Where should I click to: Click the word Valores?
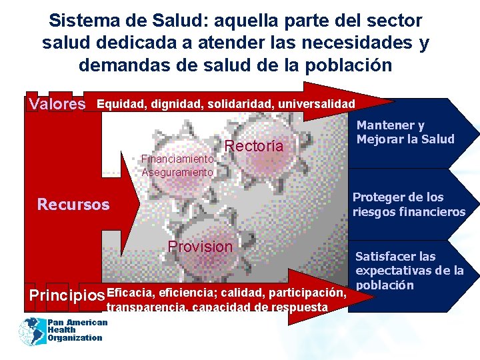click(x=58, y=104)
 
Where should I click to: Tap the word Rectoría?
click(x=255, y=146)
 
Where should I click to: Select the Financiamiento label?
click(x=177, y=159)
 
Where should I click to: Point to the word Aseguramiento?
click(x=177, y=172)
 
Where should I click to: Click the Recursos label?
click(x=73, y=204)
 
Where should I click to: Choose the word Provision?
click(x=201, y=247)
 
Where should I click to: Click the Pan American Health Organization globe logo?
click(x=31, y=330)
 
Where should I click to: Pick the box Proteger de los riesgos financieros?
click(x=408, y=205)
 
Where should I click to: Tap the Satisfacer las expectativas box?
click(x=409, y=271)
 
